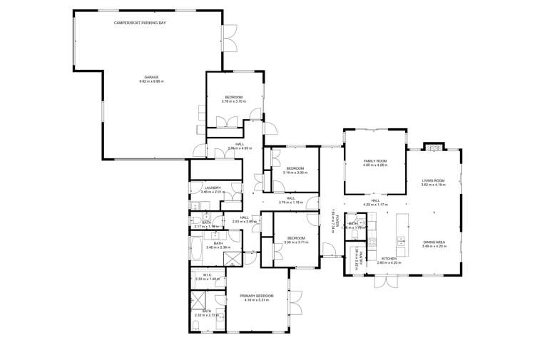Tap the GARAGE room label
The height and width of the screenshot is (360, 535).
click(x=151, y=77)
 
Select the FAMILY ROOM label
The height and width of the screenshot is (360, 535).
click(x=374, y=162)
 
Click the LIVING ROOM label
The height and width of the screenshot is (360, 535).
click(x=433, y=180)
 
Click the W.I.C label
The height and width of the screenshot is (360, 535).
click(x=207, y=274)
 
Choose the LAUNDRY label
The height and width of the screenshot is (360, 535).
click(x=212, y=187)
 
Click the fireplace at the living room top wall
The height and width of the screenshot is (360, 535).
click(x=433, y=148)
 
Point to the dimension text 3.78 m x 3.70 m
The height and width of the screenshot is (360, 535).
click(x=234, y=101)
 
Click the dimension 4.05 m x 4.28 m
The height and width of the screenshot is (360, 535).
click(x=374, y=166)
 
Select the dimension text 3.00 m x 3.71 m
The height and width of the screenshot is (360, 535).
click(x=295, y=242)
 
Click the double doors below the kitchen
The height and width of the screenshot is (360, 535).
click(x=388, y=282)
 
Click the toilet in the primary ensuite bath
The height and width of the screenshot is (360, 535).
click(x=196, y=326)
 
